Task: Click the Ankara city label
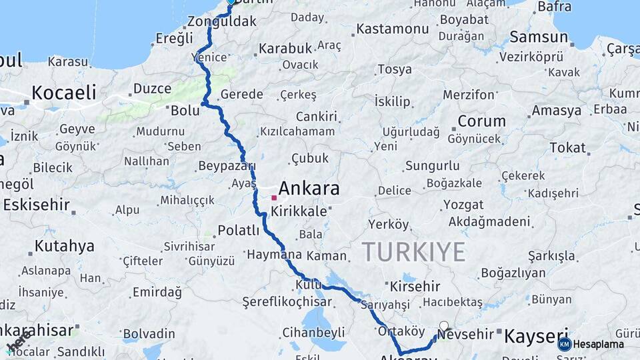click(x=309, y=188)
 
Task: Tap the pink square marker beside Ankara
click(x=273, y=198)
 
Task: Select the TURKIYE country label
click(x=413, y=252)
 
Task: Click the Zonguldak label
click(x=222, y=21)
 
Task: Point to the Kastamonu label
click(x=392, y=29)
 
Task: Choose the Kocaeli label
click(x=64, y=92)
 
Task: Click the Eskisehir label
click(x=37, y=205)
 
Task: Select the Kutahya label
click(x=64, y=246)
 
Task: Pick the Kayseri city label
click(x=537, y=335)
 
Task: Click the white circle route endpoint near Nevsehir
click(x=444, y=327)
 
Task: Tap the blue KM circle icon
click(x=565, y=344)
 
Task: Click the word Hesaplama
click(x=599, y=345)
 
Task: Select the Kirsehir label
click(x=415, y=287)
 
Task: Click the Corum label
click(x=481, y=121)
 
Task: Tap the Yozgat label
click(x=463, y=205)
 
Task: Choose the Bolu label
click(x=185, y=110)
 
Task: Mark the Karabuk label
click(x=285, y=49)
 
